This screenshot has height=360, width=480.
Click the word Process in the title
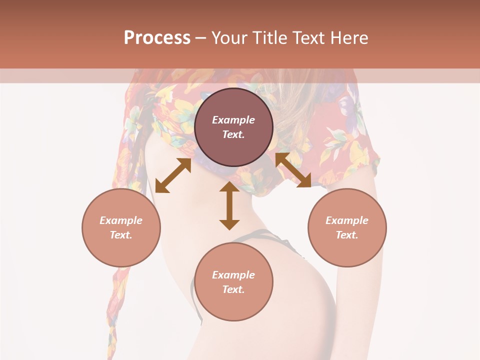pos(157,38)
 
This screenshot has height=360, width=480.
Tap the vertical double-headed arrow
pos(229,205)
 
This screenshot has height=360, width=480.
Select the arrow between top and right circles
pos(293,170)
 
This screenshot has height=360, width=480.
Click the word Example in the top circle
pos(233,120)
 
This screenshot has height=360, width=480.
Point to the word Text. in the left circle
pos(121,235)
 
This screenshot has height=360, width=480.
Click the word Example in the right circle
pos(347,220)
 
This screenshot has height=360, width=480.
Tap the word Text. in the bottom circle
pos(233,289)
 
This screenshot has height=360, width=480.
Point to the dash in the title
pos(200,38)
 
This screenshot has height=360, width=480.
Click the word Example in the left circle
pos(121,220)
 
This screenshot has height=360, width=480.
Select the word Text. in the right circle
pos(347,235)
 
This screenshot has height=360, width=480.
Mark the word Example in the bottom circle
pos(233,275)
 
